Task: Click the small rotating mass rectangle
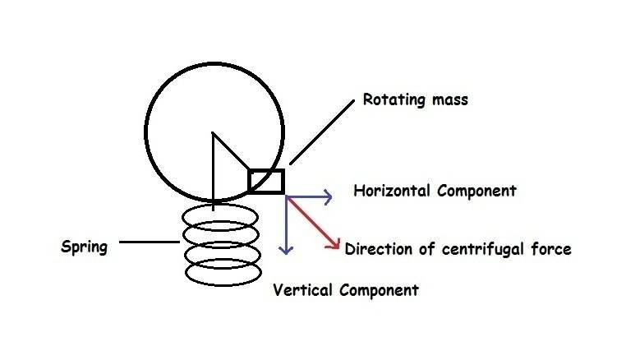[266, 181]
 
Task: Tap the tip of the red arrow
[338, 247]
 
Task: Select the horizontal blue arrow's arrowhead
[328, 196]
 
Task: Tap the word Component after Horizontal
[476, 192]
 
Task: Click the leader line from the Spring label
[149, 242]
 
